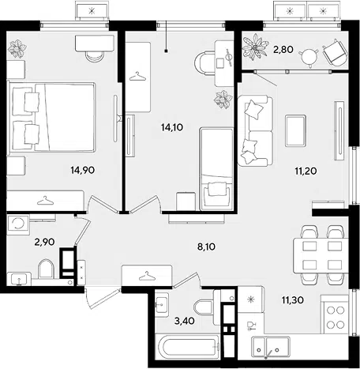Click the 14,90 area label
click(83, 170)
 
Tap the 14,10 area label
click(172, 127)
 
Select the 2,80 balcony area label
click(283, 49)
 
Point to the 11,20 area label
click(306, 171)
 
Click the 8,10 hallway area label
click(206, 247)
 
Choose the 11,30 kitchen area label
click(293, 300)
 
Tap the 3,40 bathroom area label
click(185, 321)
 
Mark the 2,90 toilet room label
click(44, 242)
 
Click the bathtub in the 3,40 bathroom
click(187, 347)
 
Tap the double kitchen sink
click(271, 347)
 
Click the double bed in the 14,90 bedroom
click(51, 117)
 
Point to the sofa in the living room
click(255, 131)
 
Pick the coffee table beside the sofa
click(295, 130)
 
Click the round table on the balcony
click(308, 56)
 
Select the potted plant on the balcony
click(255, 47)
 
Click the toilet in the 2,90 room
click(46, 269)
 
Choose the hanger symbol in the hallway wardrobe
click(146, 276)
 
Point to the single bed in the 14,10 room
click(216, 169)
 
